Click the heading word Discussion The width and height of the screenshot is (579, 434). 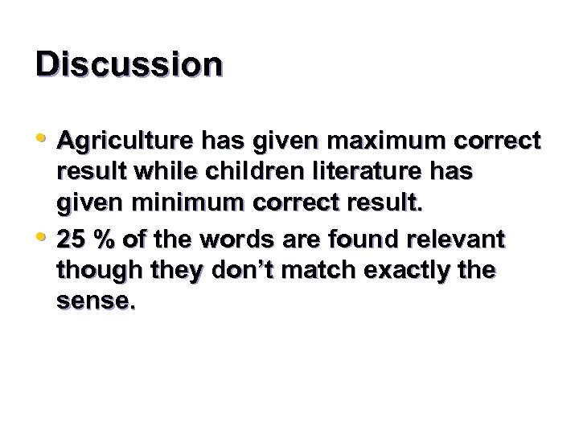129,63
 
